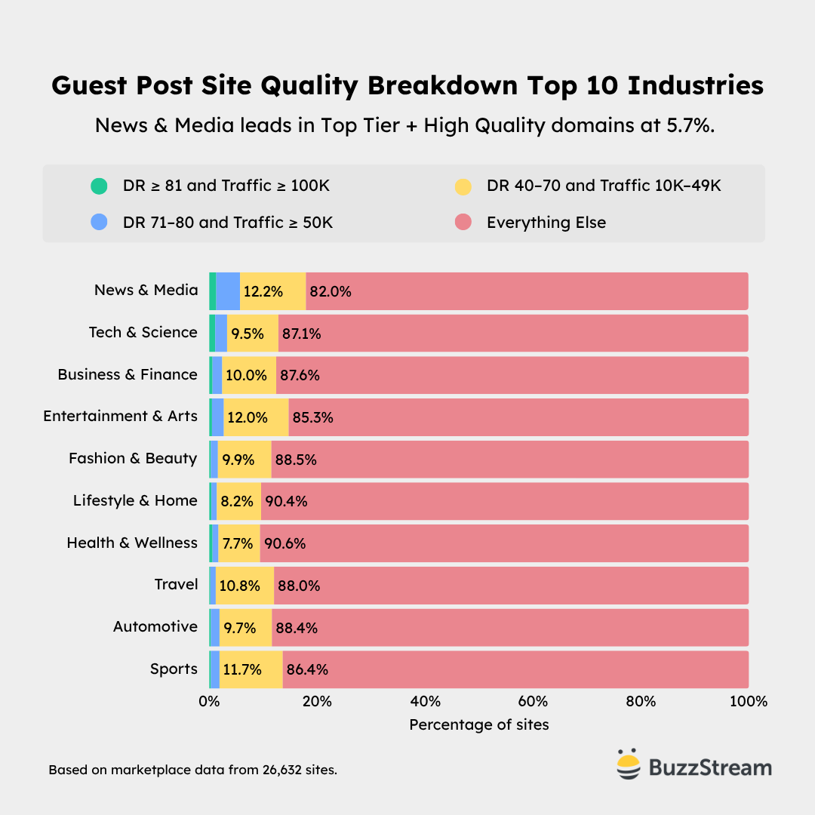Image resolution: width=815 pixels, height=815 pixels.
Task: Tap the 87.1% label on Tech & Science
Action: click(x=301, y=334)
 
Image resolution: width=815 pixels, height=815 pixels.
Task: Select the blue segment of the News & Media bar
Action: click(x=228, y=291)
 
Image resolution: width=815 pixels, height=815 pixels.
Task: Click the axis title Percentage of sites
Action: click(x=479, y=724)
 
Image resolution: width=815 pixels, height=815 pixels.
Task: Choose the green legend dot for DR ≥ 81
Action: click(x=99, y=186)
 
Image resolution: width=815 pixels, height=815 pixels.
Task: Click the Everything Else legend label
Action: click(x=546, y=223)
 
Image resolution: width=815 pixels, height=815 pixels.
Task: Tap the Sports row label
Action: click(x=174, y=669)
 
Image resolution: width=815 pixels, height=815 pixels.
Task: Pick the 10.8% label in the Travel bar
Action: click(x=238, y=586)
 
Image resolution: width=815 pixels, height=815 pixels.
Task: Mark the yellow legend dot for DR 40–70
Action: click(x=463, y=186)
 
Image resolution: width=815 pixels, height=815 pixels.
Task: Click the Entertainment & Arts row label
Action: click(x=121, y=417)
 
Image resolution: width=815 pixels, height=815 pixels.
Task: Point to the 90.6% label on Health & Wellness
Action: click(x=284, y=543)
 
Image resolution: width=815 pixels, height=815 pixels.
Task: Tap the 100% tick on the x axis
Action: click(x=748, y=702)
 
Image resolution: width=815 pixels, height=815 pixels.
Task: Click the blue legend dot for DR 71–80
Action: click(x=99, y=223)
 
